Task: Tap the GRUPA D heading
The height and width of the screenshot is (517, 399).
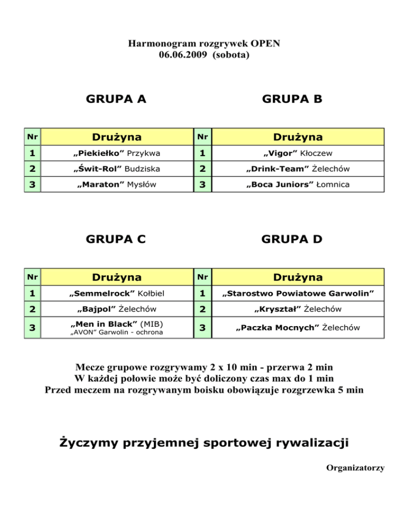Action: click(292, 239)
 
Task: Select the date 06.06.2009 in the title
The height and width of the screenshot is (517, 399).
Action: click(182, 54)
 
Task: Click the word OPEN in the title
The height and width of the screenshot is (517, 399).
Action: click(266, 43)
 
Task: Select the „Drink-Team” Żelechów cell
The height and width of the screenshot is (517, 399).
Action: click(298, 169)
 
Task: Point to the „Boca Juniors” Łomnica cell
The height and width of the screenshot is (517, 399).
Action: click(298, 185)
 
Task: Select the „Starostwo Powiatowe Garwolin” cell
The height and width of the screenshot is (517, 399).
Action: click(298, 293)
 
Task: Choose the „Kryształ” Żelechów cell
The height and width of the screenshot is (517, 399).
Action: click(298, 309)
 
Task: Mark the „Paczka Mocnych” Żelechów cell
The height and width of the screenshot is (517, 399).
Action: click(298, 328)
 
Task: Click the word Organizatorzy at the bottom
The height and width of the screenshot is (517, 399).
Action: click(355, 468)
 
